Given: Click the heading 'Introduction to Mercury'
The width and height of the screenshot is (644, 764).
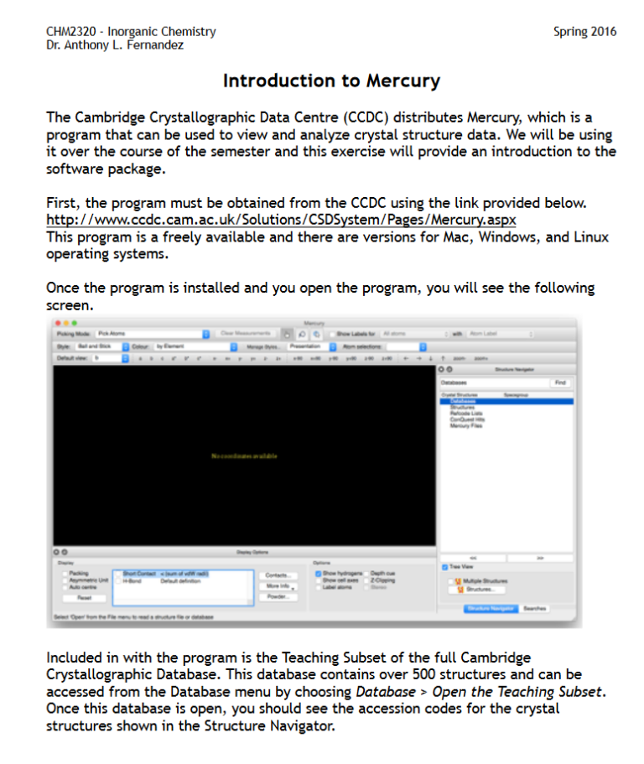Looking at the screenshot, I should (331, 81).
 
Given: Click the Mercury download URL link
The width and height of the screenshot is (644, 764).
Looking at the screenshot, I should (281, 220).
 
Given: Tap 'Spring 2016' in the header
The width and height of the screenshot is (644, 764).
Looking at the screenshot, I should (584, 32).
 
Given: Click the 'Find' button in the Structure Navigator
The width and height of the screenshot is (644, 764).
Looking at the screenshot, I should (559, 382).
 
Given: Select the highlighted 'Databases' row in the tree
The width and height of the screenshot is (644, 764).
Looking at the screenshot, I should (458, 401).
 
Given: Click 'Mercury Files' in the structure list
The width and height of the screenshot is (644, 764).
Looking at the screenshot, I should (466, 425).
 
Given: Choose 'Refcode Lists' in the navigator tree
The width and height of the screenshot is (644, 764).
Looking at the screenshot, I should (465, 413).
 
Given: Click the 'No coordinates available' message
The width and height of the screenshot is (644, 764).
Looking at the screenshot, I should (244, 456).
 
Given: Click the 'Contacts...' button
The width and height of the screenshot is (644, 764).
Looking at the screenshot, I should (277, 575).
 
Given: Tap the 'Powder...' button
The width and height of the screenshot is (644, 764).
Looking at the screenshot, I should (277, 596).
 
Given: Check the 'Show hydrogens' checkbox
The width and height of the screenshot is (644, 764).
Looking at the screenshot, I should (319, 574).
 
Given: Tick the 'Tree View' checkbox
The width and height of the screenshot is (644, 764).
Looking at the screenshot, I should (445, 568).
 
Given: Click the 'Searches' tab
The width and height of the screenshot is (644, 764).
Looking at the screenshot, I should (534, 609).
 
